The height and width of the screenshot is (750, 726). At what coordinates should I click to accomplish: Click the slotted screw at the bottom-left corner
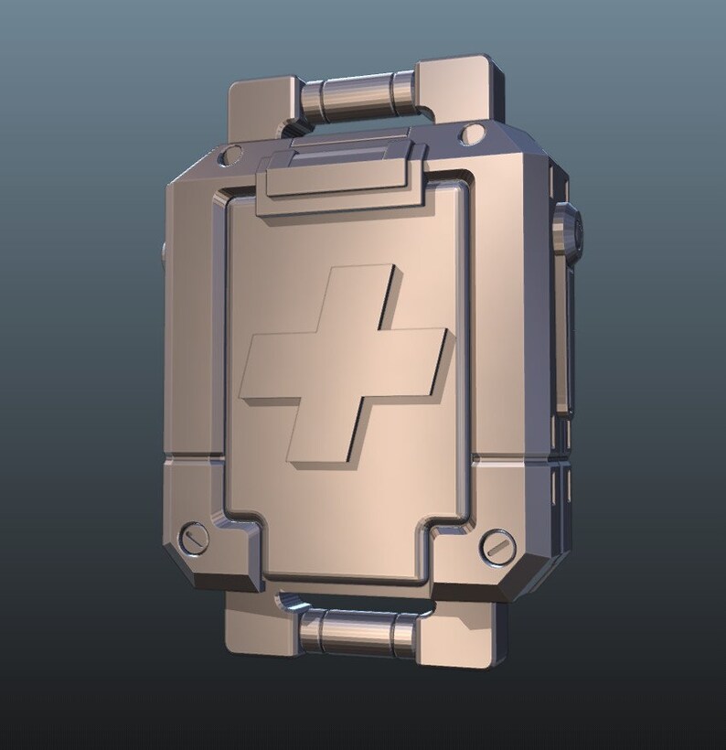196,536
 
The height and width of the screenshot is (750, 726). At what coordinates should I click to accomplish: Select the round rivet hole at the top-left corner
232,154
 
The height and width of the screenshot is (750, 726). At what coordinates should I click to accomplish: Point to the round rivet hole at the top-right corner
472,134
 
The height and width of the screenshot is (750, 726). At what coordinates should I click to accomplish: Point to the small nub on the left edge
163,252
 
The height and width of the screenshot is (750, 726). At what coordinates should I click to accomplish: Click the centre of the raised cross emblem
343,365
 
